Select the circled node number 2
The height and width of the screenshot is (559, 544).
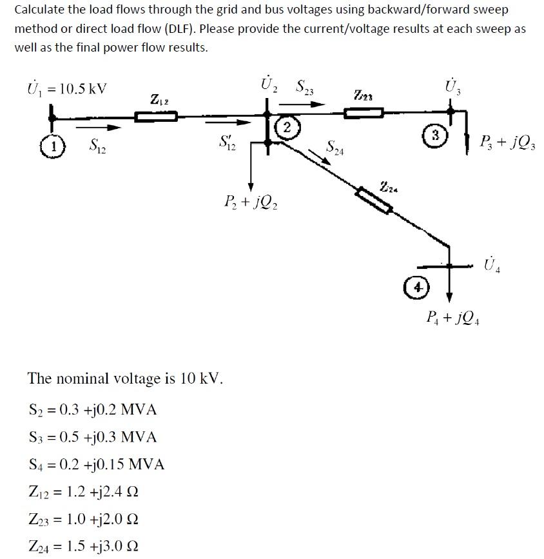click(x=287, y=126)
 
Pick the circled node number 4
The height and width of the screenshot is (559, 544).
click(x=417, y=288)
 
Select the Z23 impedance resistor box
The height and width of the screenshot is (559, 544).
click(x=364, y=113)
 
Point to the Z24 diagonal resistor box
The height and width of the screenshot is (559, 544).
click(x=374, y=199)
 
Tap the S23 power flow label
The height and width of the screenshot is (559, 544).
click(x=304, y=87)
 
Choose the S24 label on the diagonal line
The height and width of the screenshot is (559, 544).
click(x=335, y=149)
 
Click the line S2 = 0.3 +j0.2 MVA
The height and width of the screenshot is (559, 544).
click(x=93, y=410)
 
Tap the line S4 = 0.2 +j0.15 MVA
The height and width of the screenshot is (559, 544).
click(x=97, y=464)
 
